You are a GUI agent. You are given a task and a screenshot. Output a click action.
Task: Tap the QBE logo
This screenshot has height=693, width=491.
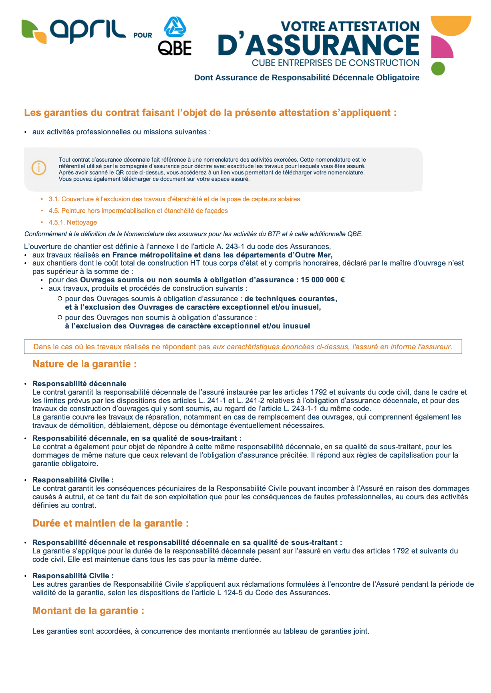175,36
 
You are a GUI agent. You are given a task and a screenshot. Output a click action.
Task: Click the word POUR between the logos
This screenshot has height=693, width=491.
143,35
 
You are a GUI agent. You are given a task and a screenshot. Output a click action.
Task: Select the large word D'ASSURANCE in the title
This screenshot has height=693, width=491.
318,45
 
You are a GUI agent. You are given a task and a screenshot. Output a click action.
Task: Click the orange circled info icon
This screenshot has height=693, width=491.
39,168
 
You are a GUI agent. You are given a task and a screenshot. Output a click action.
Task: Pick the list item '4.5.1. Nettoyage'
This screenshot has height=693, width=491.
73,222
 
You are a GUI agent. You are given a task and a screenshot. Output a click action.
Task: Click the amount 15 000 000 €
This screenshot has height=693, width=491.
323,280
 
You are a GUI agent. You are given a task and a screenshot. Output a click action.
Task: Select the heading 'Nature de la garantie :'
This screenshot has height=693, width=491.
85,364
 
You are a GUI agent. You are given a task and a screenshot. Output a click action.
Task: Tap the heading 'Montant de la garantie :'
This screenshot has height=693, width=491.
88,611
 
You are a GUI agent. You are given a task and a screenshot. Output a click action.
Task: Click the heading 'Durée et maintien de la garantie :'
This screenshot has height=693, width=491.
111,523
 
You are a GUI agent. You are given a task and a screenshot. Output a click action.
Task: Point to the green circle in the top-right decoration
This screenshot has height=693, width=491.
438,69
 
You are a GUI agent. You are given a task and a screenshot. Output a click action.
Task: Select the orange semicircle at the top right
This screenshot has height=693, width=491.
451,25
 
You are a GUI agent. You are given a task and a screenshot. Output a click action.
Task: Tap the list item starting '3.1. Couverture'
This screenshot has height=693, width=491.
174,199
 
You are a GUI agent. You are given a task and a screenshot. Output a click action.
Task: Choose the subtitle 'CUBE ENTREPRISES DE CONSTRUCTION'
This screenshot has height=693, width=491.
336,63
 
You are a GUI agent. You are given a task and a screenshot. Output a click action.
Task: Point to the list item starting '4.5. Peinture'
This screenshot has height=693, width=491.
138,211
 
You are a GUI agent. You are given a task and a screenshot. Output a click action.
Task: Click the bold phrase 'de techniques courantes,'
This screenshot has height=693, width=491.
291,299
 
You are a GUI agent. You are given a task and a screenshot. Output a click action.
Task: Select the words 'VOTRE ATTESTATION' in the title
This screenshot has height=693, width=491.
350,26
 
